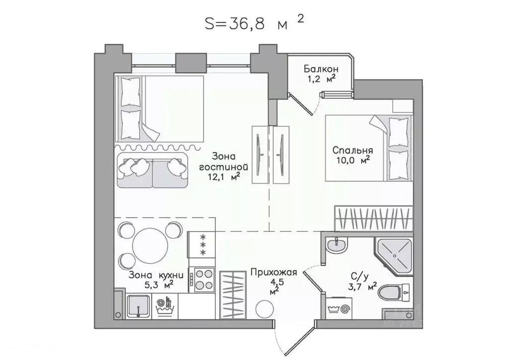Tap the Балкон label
tap(321, 69)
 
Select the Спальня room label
tap(352, 150)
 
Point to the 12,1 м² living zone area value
tap(224, 177)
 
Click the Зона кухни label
tap(156, 275)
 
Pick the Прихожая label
tap(274, 272)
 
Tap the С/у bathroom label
tap(360, 276)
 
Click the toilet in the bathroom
tap(394, 292)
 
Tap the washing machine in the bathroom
tap(338, 308)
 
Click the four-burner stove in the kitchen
tap(202, 280)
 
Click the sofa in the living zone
tap(153, 170)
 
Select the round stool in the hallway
tap(264, 309)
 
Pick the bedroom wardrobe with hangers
tap(373, 218)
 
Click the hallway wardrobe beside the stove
tap(233, 295)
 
